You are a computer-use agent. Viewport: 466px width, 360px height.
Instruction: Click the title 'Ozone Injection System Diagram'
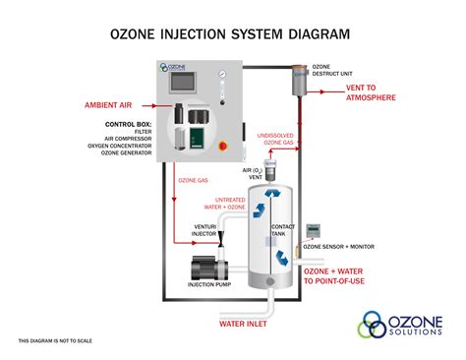[x=232, y=35]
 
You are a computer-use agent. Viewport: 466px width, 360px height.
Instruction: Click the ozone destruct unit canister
[x=297, y=82]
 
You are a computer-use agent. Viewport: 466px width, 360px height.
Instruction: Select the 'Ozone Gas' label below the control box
[x=194, y=180]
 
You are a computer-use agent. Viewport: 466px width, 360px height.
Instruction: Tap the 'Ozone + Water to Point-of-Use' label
[x=345, y=275]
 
